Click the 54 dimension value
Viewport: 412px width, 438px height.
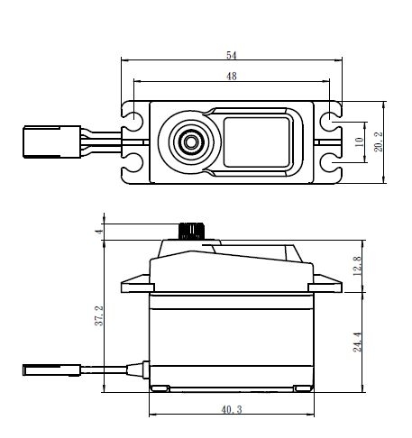point(232,55)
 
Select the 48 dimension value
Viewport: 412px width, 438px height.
point(232,77)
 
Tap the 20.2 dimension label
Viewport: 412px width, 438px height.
point(379,141)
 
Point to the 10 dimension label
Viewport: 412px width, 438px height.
point(359,141)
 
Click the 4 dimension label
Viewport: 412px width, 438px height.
point(99,232)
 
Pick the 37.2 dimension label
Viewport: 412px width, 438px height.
point(99,315)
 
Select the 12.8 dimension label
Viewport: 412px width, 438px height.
point(357,266)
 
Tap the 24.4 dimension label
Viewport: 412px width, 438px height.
point(357,342)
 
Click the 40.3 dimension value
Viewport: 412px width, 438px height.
point(232,409)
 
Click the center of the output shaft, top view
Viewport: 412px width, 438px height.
point(190,141)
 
